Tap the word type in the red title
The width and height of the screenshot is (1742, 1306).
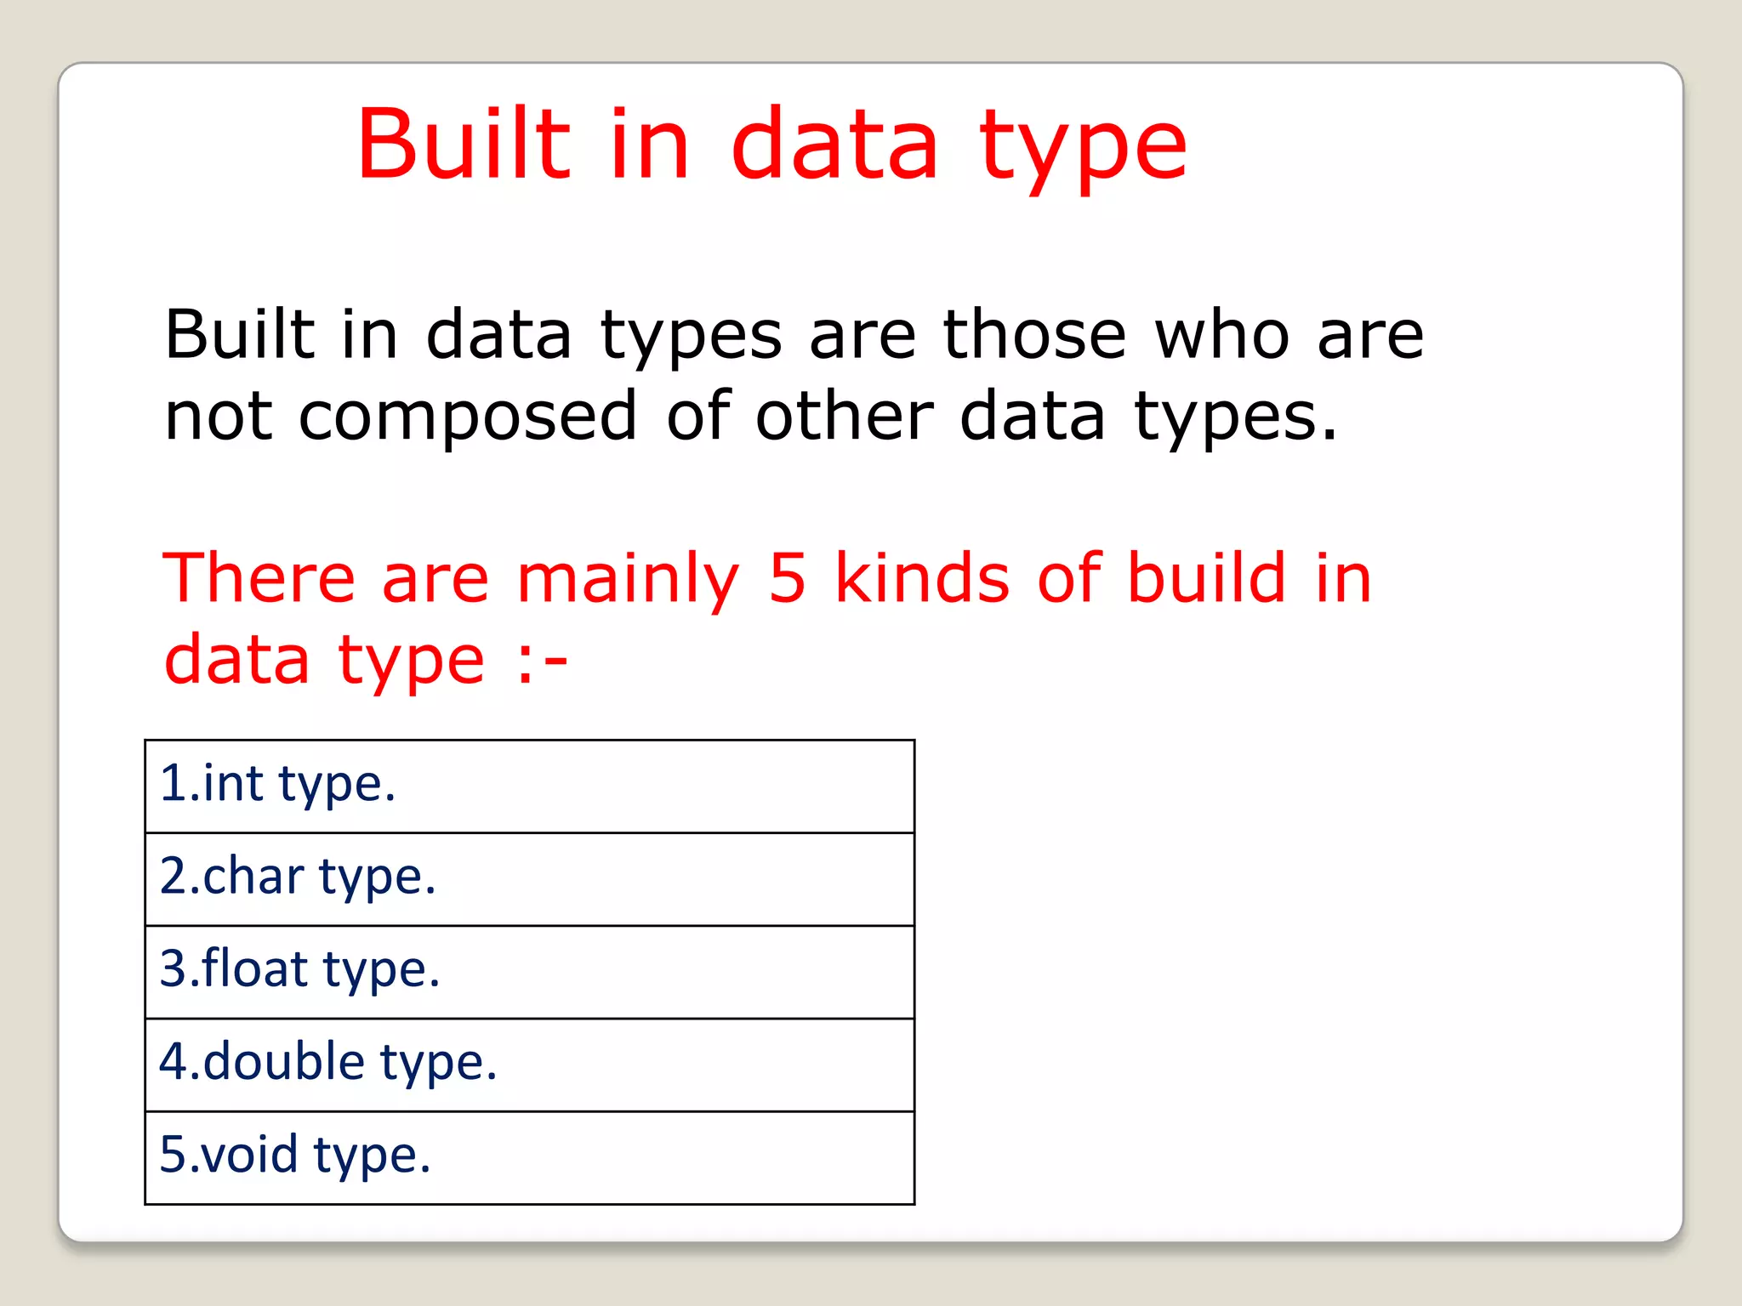1082,151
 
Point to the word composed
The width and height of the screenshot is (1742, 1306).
467,417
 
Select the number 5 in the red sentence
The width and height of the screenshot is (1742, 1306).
787,578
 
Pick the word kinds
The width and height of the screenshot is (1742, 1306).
922,577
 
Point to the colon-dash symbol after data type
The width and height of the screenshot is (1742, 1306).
542,661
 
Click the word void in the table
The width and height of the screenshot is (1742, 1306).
250,1154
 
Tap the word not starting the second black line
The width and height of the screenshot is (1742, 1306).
218,417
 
